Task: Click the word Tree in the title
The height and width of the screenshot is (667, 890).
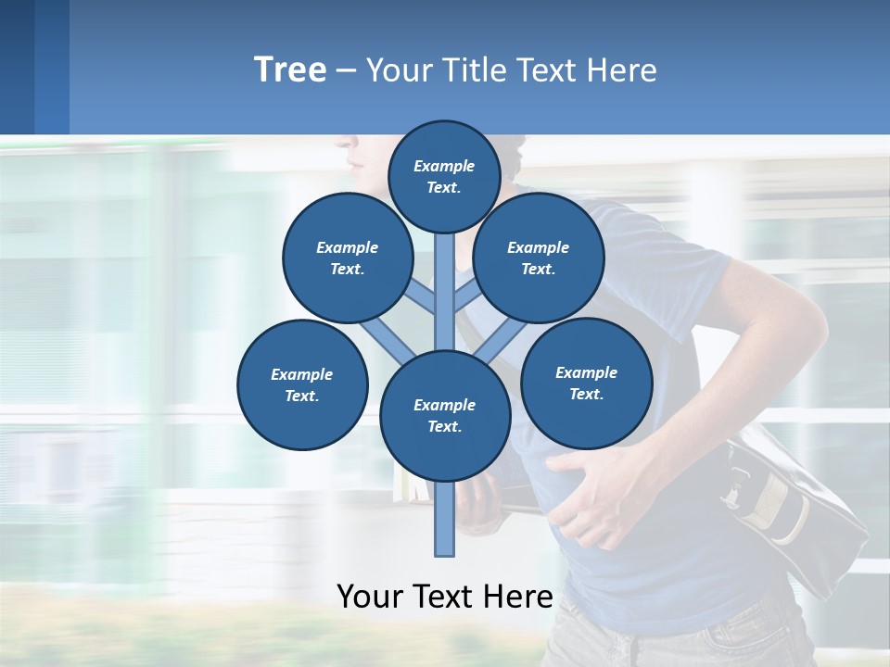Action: point(290,70)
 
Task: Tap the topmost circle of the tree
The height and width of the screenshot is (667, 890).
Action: point(444,176)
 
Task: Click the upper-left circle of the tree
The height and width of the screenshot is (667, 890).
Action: point(348,258)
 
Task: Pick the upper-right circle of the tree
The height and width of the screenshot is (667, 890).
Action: point(539,258)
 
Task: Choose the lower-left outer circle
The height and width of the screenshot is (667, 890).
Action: point(302,384)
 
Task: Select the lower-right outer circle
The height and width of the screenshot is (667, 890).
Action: point(586,383)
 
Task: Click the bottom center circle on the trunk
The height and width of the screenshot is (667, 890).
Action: point(445,416)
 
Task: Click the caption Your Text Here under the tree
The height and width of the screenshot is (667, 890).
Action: point(445,596)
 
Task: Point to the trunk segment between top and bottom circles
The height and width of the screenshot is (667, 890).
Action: point(445,287)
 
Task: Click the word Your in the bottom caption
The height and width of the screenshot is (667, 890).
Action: point(371,596)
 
